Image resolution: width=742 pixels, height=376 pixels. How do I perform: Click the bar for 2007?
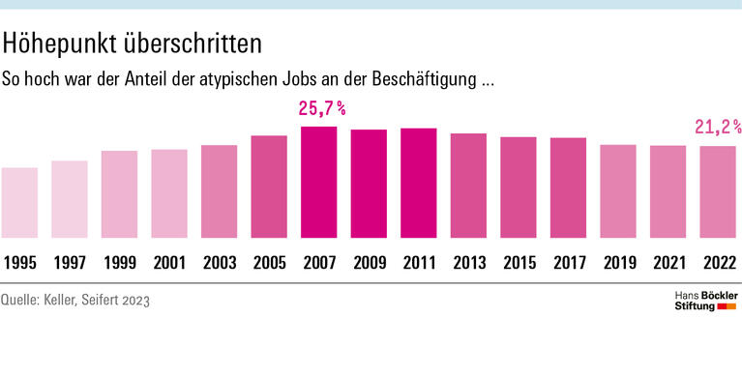[x=318, y=183]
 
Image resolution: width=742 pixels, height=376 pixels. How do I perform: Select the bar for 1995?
[x=19, y=203]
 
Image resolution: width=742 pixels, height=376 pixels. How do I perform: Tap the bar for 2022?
[x=717, y=192]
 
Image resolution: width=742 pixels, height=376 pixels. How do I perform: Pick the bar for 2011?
[x=418, y=184]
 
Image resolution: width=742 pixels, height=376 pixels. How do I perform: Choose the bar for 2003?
[x=219, y=191]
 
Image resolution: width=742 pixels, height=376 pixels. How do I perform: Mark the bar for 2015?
[x=518, y=188]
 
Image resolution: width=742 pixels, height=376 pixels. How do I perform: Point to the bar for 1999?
[x=119, y=194]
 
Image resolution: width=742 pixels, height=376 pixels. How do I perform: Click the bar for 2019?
[x=617, y=191]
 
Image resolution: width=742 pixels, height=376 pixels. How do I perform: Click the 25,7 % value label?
[x=320, y=109]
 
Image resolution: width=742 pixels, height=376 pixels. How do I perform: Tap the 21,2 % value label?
[x=718, y=127]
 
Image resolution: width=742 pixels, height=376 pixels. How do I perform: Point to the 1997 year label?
[x=70, y=262]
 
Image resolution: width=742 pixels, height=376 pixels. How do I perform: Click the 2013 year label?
[x=468, y=262]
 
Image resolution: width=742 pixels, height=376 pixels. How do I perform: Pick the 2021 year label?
[x=668, y=262]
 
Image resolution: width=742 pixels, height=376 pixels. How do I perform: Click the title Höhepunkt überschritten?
[x=133, y=43]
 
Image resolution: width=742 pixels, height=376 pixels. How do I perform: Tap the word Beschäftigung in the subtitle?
[x=426, y=78]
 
